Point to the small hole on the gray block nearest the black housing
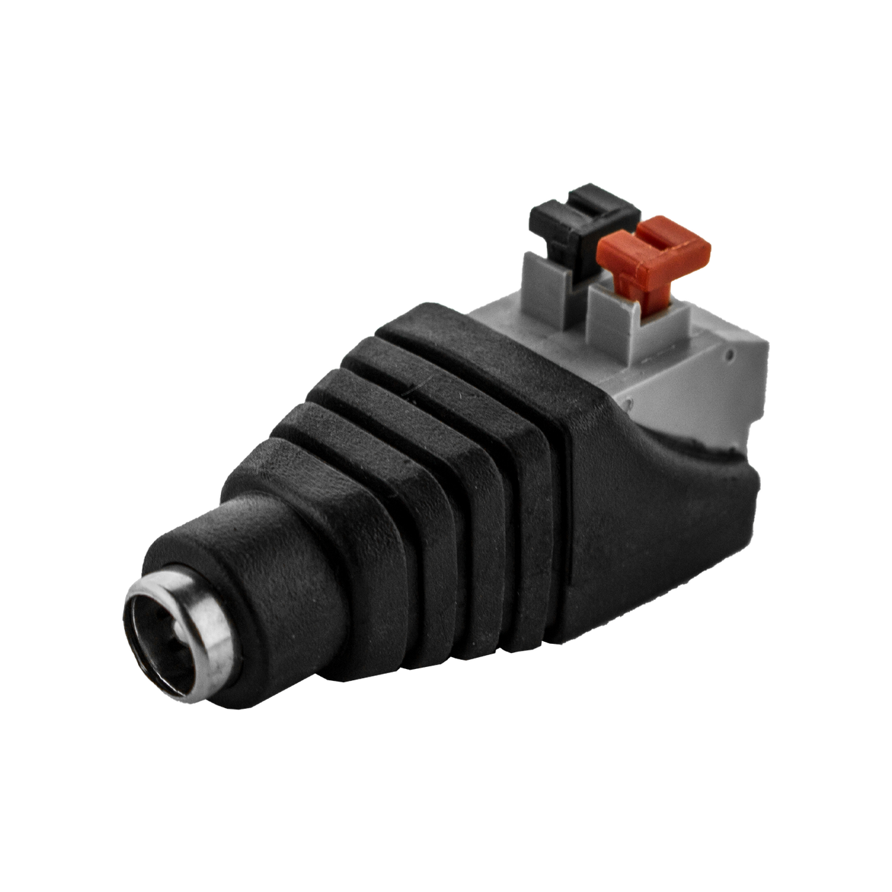pyautogui.click(x=627, y=403)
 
